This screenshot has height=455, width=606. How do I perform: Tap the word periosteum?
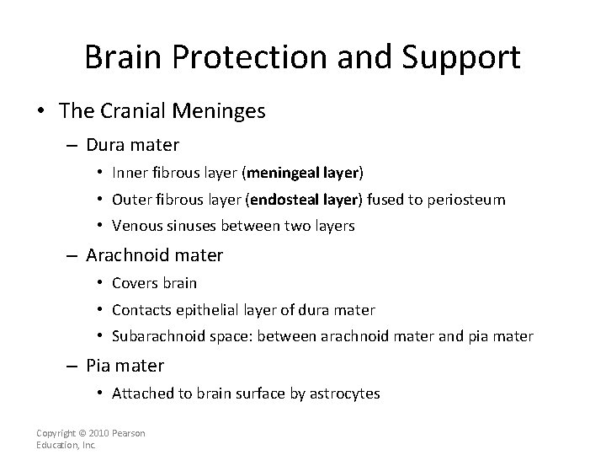tap(467, 200)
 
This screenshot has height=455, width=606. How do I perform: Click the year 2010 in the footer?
tap(99, 433)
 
